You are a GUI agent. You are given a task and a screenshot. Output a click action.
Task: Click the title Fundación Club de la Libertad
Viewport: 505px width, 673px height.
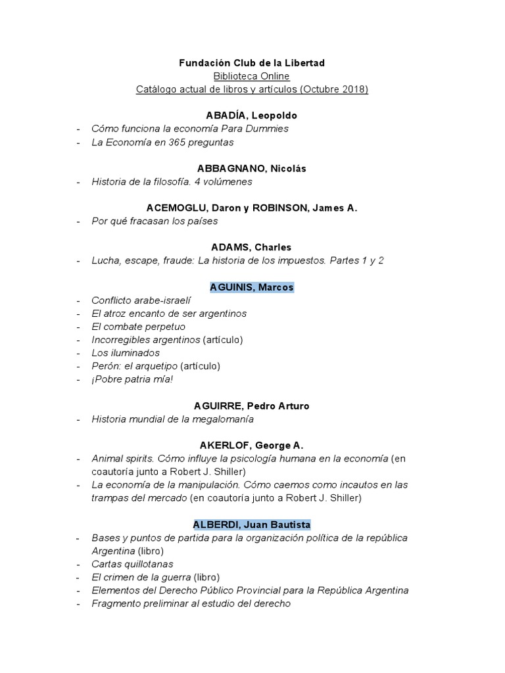click(x=252, y=63)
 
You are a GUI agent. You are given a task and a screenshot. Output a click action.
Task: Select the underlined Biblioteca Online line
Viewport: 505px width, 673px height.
click(x=252, y=76)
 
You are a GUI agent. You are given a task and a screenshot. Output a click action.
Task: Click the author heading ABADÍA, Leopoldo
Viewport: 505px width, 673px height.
click(x=252, y=116)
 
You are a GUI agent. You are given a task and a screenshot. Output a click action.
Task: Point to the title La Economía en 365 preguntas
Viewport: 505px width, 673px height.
click(x=162, y=142)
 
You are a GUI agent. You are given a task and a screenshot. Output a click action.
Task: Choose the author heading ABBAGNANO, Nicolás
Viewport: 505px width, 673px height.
click(x=252, y=168)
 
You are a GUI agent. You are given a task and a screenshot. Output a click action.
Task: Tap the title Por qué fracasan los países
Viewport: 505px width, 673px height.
click(x=155, y=221)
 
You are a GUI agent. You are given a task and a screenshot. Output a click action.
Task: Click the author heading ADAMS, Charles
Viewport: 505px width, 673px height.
click(x=252, y=247)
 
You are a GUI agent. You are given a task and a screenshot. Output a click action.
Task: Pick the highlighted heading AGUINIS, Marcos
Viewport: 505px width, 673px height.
click(x=252, y=287)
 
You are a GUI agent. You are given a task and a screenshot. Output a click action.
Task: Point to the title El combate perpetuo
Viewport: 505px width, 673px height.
click(x=139, y=327)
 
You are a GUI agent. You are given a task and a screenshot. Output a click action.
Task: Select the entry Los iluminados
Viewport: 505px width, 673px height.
click(x=126, y=353)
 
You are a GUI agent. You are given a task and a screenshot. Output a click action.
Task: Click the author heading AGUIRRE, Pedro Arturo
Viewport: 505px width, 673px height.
click(x=252, y=406)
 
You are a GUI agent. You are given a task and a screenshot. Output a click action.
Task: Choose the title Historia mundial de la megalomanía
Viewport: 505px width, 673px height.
click(x=172, y=419)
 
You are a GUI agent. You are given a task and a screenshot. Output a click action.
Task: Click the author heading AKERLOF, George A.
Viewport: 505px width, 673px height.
click(x=252, y=446)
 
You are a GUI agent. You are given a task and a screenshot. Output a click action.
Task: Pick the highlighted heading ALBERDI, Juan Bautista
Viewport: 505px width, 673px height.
click(x=252, y=524)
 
